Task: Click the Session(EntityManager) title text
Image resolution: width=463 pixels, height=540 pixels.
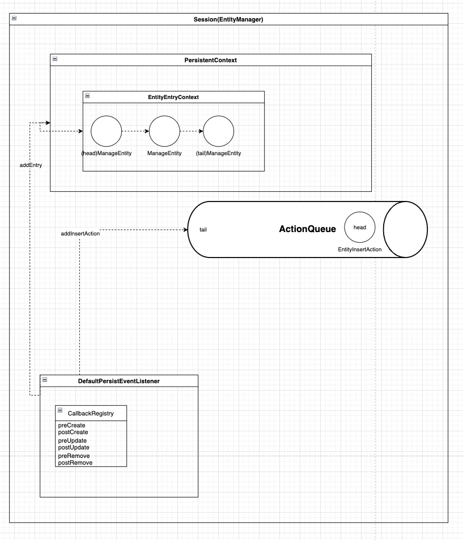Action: pos(228,19)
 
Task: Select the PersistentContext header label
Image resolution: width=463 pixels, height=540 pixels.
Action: pos(210,59)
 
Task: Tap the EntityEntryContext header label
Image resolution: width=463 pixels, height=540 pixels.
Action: pos(173,97)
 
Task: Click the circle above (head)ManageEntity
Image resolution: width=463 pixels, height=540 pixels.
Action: pos(107,131)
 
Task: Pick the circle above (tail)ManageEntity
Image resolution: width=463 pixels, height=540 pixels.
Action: pos(219,131)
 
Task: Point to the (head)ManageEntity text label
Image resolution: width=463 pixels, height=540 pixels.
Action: pos(107,153)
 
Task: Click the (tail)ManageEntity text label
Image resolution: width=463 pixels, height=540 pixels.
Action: pos(219,153)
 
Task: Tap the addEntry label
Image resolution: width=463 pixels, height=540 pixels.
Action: pos(31,165)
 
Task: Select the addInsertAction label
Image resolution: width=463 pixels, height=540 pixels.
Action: pos(80,233)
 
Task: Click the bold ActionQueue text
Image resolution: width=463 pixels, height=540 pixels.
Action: pos(308,229)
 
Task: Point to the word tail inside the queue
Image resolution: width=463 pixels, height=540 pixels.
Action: pos(203,230)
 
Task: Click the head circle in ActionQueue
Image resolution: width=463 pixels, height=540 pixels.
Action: pos(359,227)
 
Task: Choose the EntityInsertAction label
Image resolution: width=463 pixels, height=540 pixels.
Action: pos(359,249)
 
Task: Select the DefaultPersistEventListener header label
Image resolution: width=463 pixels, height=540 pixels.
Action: pos(118,381)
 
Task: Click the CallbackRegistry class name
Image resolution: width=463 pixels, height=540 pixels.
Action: pos(95,413)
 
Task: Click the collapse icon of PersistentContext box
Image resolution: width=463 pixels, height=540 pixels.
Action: pos(55,59)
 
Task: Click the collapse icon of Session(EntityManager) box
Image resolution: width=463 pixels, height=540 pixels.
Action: pos(14,19)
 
